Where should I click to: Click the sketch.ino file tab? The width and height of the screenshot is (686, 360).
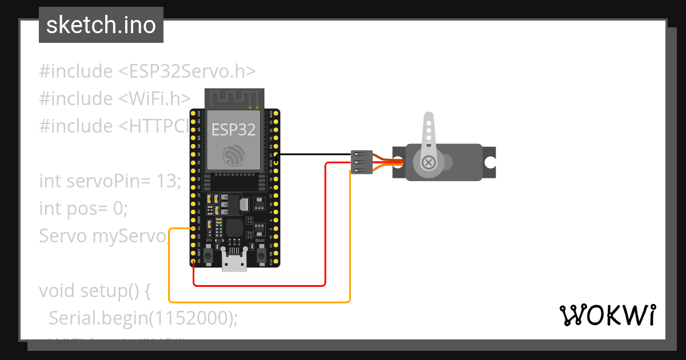click(101, 25)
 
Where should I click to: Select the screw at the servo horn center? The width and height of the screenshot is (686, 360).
click(428, 163)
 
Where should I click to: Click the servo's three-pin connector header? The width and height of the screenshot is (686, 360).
click(361, 163)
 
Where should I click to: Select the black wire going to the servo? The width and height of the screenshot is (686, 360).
click(314, 154)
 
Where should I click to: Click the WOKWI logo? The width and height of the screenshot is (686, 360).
click(607, 315)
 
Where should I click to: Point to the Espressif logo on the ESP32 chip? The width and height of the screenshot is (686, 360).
click(233, 155)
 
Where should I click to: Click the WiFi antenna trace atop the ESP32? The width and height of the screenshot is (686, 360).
click(234, 98)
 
